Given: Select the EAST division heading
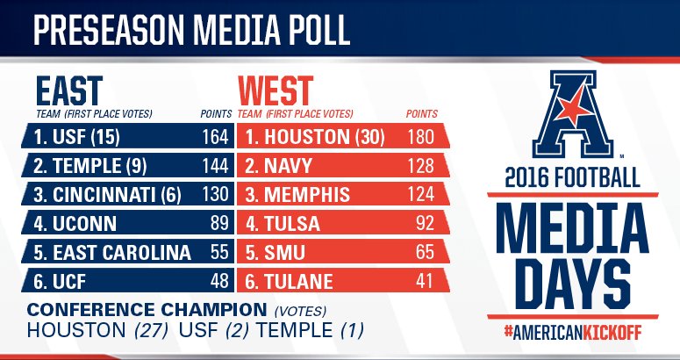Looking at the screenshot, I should [x=69, y=90].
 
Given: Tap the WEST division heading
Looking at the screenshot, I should [x=276, y=90].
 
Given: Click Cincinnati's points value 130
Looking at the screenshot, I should [x=215, y=194].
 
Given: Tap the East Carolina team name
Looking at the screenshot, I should [x=110, y=252].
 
